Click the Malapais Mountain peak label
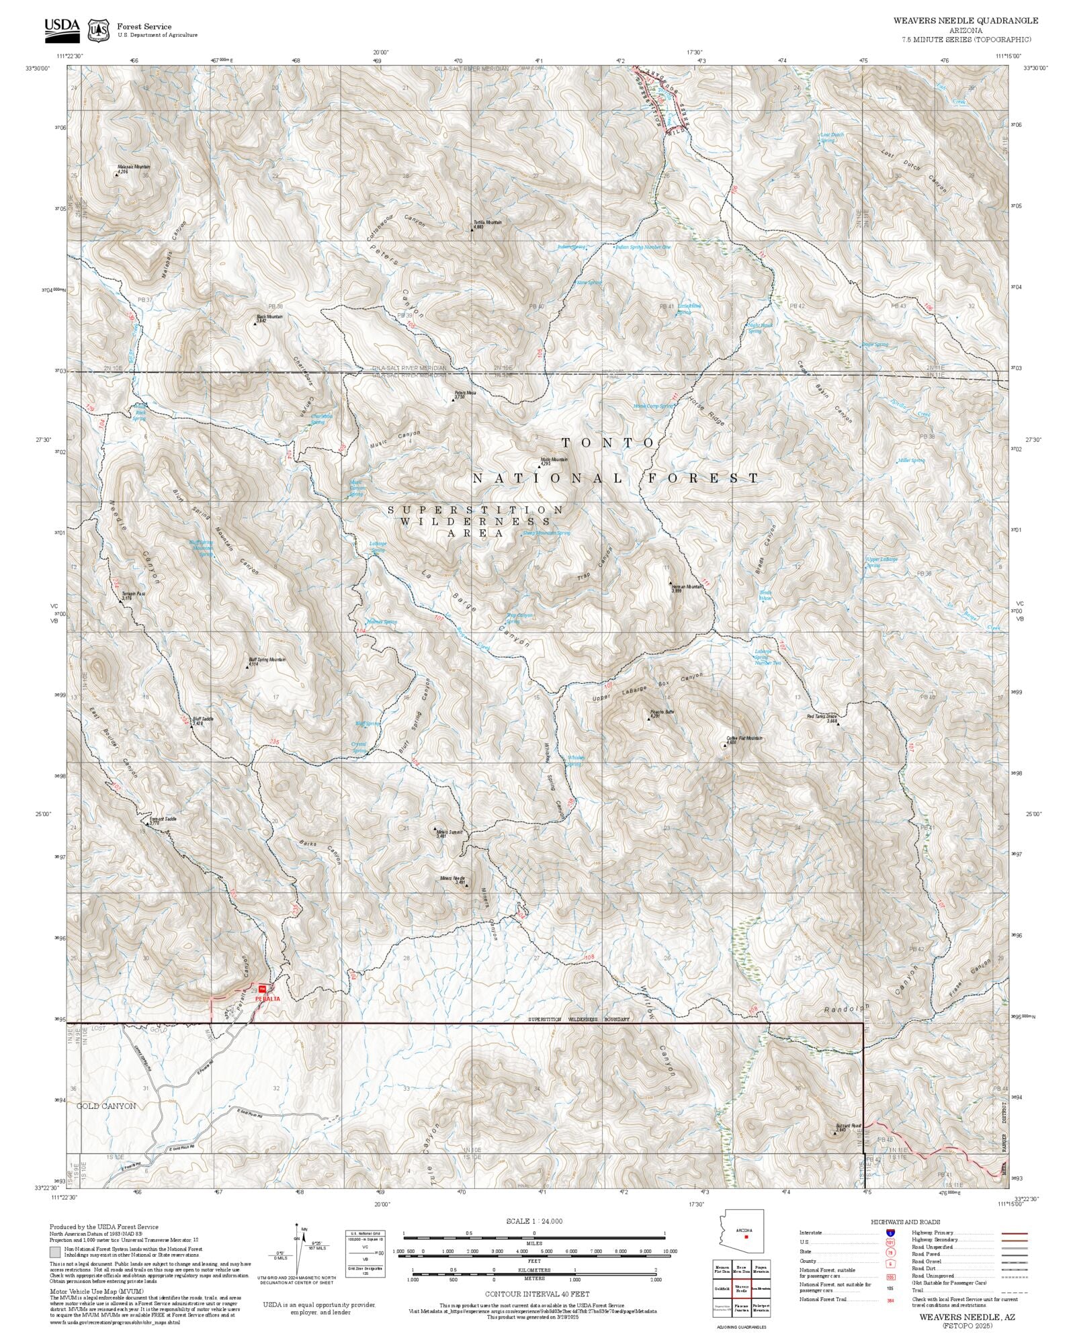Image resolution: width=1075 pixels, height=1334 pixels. click(134, 167)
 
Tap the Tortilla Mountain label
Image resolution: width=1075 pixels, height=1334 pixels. click(487, 222)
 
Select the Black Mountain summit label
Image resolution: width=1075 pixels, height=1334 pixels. click(269, 316)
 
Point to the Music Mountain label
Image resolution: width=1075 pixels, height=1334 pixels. click(554, 460)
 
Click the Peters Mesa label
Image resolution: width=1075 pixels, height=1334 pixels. click(465, 393)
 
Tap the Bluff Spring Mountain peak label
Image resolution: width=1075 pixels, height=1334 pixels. click(267, 660)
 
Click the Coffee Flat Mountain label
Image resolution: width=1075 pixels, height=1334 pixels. click(744, 738)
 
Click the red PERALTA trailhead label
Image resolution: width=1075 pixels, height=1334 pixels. click(267, 999)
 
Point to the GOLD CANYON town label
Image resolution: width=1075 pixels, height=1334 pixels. click(105, 1106)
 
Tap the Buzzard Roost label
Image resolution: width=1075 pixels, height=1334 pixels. click(847, 1126)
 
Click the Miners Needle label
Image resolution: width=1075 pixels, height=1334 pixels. click(452, 878)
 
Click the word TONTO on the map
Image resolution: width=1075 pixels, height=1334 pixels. click(608, 443)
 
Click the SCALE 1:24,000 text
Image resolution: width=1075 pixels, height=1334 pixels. click(534, 1221)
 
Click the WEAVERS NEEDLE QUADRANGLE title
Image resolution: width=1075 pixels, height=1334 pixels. click(965, 21)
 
